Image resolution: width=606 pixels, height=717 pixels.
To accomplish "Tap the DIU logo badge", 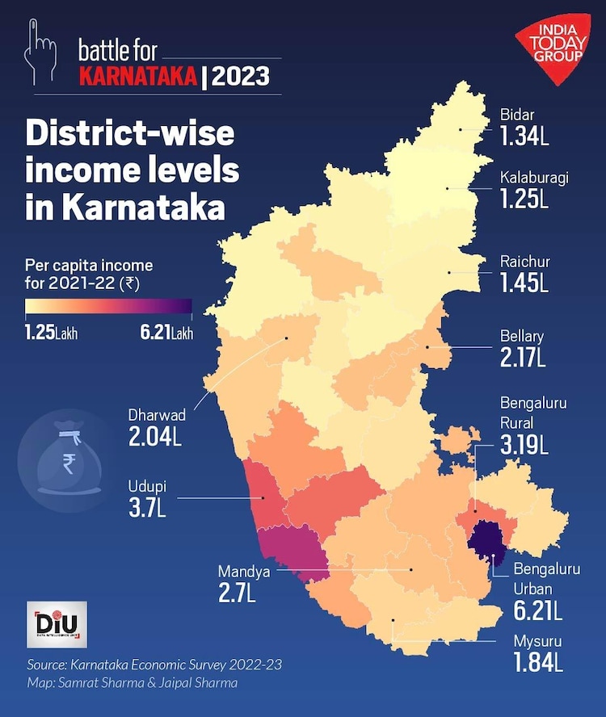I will pos(51,626).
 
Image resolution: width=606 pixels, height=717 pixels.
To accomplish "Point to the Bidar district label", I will pos(516,115).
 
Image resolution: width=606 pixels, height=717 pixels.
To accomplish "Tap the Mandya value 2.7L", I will pos(237,593).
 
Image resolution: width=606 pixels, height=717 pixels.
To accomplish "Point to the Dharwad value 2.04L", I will pos(154,437).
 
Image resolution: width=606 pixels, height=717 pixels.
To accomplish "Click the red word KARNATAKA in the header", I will pos(138,78).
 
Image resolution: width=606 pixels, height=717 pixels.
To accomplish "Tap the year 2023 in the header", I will pos(242,78).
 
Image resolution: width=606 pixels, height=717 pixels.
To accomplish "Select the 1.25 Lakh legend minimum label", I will pos(52,333).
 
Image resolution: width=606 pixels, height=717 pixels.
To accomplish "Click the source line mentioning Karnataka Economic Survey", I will pos(154,667).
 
